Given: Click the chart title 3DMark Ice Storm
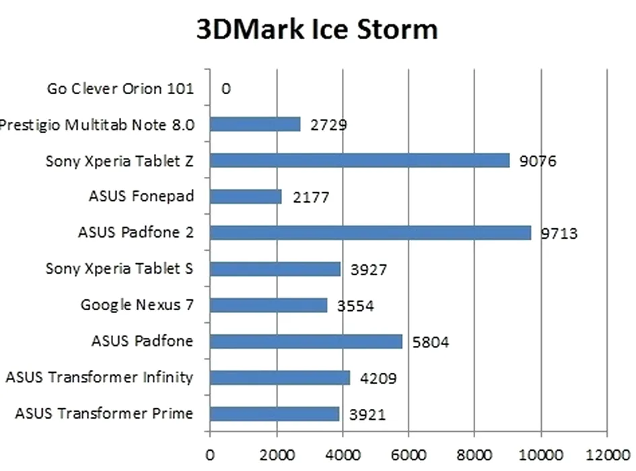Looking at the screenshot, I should (x=317, y=30).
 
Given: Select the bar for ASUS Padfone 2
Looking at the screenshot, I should (x=370, y=233).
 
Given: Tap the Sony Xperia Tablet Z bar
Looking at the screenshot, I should (x=359, y=160).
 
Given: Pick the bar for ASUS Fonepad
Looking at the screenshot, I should (x=246, y=196).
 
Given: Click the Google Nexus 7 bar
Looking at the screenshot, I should (x=269, y=305).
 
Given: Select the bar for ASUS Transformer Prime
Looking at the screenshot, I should (x=275, y=414).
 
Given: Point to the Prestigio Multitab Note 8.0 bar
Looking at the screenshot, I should (x=255, y=124).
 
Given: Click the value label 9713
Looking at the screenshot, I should (x=559, y=234).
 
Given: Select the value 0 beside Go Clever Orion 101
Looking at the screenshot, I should (x=226, y=88).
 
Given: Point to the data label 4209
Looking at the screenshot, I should (x=378, y=379).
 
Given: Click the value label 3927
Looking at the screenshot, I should (x=369, y=270).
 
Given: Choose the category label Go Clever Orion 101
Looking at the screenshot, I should (x=120, y=88).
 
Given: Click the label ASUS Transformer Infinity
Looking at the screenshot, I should (x=99, y=377).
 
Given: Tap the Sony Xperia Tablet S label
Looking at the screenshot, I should (x=119, y=269).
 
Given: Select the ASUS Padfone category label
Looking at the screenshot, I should (x=142, y=341).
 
